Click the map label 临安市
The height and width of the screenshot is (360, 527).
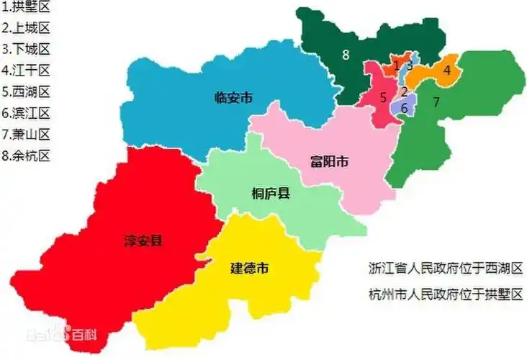tap(233, 98)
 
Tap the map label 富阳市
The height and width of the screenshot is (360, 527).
tap(329, 161)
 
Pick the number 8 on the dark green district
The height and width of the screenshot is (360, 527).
tap(346, 54)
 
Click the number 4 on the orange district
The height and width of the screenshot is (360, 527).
tap(446, 70)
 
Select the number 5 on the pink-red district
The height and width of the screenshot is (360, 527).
tap(384, 96)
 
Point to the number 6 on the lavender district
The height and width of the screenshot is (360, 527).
tap(405, 107)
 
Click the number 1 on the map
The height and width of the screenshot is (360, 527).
tap(397, 66)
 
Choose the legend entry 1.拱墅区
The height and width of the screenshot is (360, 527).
tap(26, 9)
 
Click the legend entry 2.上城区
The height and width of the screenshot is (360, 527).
tap(26, 29)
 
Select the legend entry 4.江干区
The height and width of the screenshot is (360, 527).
tap(26, 71)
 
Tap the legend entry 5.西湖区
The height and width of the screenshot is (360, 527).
tap(26, 91)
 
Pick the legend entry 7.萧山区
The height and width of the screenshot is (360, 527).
tap(26, 134)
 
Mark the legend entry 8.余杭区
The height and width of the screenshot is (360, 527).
tap(26, 155)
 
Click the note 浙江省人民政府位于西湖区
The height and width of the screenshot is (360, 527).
tap(443, 268)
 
